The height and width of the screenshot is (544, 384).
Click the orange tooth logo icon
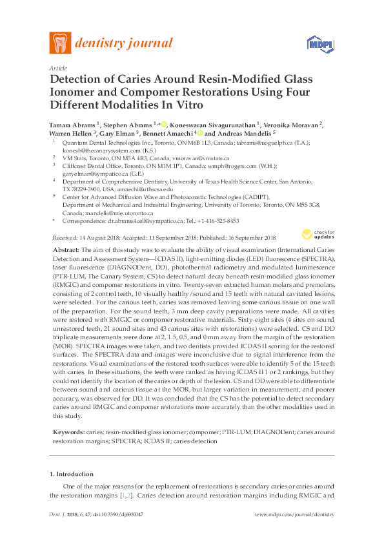point(61,43)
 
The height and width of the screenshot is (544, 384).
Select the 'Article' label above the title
point(57,67)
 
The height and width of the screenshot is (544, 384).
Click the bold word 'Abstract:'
point(65,249)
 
